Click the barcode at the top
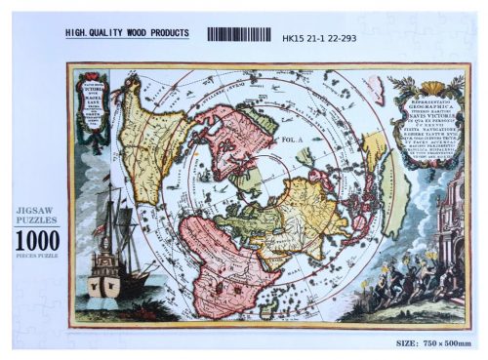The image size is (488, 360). [240, 34]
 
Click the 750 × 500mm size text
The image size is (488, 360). [445, 342]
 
